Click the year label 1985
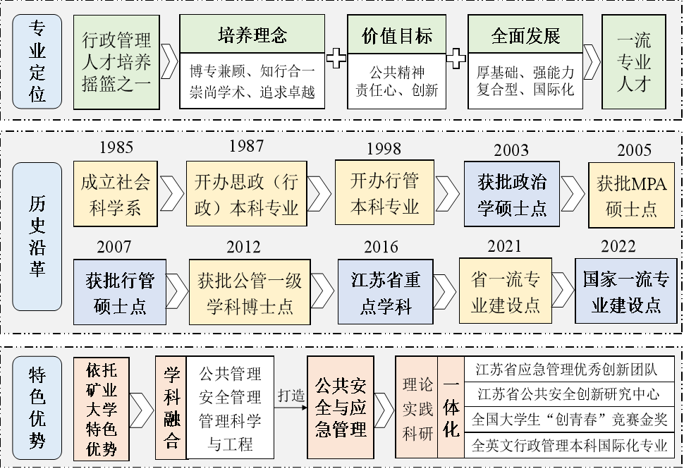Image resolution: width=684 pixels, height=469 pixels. [116, 147]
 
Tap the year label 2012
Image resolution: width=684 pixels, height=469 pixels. [243, 248]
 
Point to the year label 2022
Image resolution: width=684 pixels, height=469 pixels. [618, 247]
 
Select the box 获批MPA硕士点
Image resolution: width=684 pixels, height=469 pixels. [631, 195]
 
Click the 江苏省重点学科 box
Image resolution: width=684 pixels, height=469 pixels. [385, 292]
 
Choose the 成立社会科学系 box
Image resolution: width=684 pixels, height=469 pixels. [115, 194]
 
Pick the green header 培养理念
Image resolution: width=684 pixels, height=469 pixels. [252, 35]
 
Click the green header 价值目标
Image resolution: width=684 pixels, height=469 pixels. [396, 35]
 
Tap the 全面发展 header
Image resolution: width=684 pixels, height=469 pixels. [525, 35]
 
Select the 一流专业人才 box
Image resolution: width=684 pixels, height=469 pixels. [633, 62]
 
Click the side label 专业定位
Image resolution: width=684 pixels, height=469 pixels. [37, 61]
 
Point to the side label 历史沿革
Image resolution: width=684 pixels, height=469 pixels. [37, 236]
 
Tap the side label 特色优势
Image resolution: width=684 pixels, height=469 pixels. [37, 408]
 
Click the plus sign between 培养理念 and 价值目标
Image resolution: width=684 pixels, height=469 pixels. [336, 59]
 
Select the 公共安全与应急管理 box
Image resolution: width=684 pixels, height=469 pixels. [341, 408]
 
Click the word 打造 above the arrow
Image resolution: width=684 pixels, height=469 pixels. [291, 395]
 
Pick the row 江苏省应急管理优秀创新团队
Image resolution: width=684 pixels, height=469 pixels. [566, 370]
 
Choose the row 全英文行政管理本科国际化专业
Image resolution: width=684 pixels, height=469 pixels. [569, 446]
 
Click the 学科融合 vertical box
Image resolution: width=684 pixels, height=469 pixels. [171, 408]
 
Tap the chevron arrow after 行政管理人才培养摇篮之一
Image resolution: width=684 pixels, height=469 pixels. [169, 61]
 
